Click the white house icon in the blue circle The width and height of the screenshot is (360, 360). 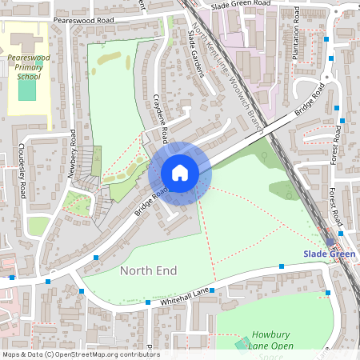(x=180, y=173)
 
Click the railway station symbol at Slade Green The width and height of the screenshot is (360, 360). (x=330, y=241)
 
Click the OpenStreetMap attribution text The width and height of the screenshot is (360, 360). (x=80, y=354)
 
